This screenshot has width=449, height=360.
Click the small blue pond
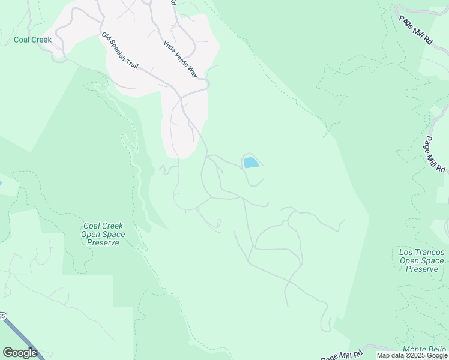[252, 163]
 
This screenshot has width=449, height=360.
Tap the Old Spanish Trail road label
[119, 51]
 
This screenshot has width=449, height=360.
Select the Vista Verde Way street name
[180, 59]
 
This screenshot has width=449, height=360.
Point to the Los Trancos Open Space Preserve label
[421, 260]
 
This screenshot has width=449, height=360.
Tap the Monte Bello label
[424, 349]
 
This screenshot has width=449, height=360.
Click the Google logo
[20, 353]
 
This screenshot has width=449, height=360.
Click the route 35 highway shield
[2, 316]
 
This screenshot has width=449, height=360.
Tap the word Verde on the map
[180, 59]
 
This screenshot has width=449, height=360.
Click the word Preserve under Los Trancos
[421, 269]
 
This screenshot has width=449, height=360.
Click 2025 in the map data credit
[414, 355]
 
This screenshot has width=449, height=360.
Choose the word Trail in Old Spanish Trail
[132, 62]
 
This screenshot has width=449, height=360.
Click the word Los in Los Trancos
[406, 252]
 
